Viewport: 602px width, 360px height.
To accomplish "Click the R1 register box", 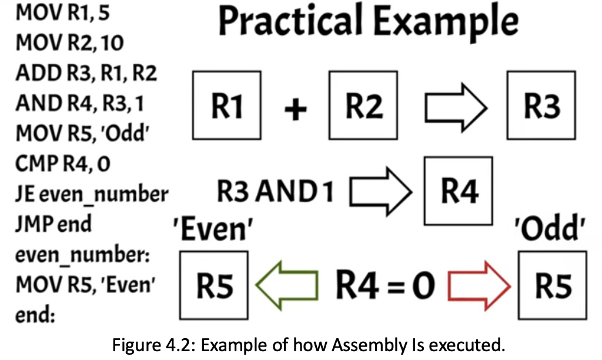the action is coord(227,105).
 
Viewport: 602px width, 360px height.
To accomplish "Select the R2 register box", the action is coord(363,105).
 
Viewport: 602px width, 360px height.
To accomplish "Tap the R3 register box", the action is coord(541,105).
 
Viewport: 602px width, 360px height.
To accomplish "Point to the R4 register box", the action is coord(459,191).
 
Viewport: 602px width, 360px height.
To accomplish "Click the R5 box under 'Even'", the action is coord(214,285).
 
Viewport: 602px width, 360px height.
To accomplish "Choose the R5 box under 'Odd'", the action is coord(553,285).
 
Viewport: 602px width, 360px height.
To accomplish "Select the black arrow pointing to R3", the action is coord(456,108).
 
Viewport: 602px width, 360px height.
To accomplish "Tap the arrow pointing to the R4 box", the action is coord(381,191).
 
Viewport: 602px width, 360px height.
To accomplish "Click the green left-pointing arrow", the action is coord(287,285).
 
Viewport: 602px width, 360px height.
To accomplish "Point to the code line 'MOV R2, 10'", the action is coord(69,42).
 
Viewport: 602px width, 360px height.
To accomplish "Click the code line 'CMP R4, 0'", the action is coord(63,164).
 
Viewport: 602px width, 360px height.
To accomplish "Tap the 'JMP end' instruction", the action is coord(53,224).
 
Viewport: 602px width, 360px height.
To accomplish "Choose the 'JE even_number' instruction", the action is coord(92,194).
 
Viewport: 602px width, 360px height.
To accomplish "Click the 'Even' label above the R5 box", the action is coord(213,229).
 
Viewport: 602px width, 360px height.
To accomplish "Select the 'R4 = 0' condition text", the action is coord(386,285).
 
